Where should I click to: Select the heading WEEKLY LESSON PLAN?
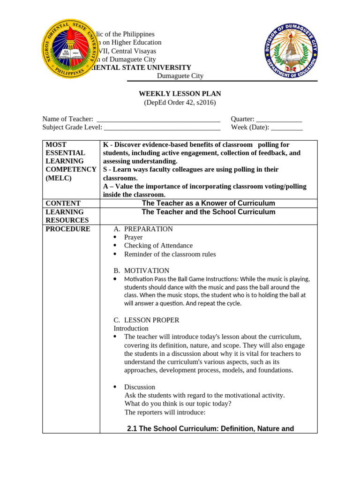click(x=180, y=94)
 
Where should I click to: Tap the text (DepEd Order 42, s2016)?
click(x=180, y=102)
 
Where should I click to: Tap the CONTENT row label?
click(x=63, y=203)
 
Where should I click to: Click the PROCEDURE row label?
click(x=67, y=229)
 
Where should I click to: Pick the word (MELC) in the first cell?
click(x=58, y=178)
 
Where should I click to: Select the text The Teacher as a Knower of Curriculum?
click(x=208, y=203)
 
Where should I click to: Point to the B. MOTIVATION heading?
click(x=141, y=270)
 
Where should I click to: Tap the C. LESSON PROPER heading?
click(x=146, y=320)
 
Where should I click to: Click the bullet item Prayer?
click(x=133, y=237)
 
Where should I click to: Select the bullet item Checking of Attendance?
click(x=158, y=246)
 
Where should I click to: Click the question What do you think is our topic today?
click(x=178, y=404)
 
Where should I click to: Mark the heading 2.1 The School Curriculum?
click(x=210, y=428)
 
